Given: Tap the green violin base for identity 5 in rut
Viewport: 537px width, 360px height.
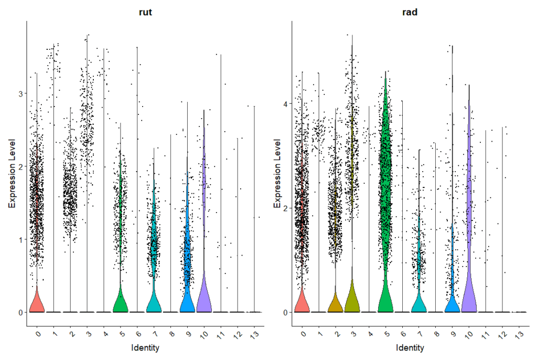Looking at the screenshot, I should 121,303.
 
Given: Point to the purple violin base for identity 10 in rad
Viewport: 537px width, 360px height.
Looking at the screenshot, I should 469,301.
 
